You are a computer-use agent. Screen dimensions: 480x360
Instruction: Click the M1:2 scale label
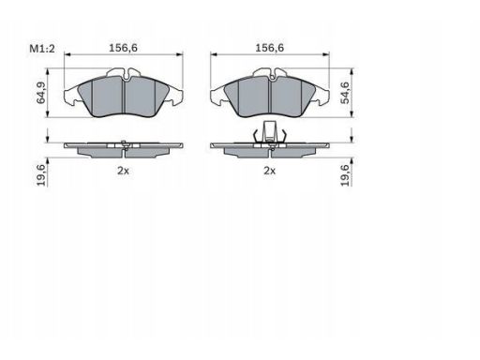pyautogui.click(x=42, y=49)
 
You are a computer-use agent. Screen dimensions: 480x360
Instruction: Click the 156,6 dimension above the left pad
pyautogui.click(x=123, y=48)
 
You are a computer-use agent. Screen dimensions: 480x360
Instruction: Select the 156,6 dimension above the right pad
pyautogui.click(x=270, y=48)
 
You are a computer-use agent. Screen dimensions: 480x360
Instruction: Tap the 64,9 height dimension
pyautogui.click(x=41, y=93)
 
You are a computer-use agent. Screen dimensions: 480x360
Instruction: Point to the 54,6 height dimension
pyautogui.click(x=345, y=93)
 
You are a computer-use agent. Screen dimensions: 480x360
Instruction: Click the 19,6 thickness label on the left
pyautogui.click(x=41, y=175)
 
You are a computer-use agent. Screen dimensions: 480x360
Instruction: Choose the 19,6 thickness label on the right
pyautogui.click(x=345, y=175)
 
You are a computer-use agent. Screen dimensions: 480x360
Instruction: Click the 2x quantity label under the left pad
pyautogui.click(x=123, y=171)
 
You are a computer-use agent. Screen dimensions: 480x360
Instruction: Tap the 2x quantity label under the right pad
pyautogui.click(x=270, y=171)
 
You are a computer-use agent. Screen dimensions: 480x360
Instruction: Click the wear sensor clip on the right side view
pyautogui.click(x=269, y=133)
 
